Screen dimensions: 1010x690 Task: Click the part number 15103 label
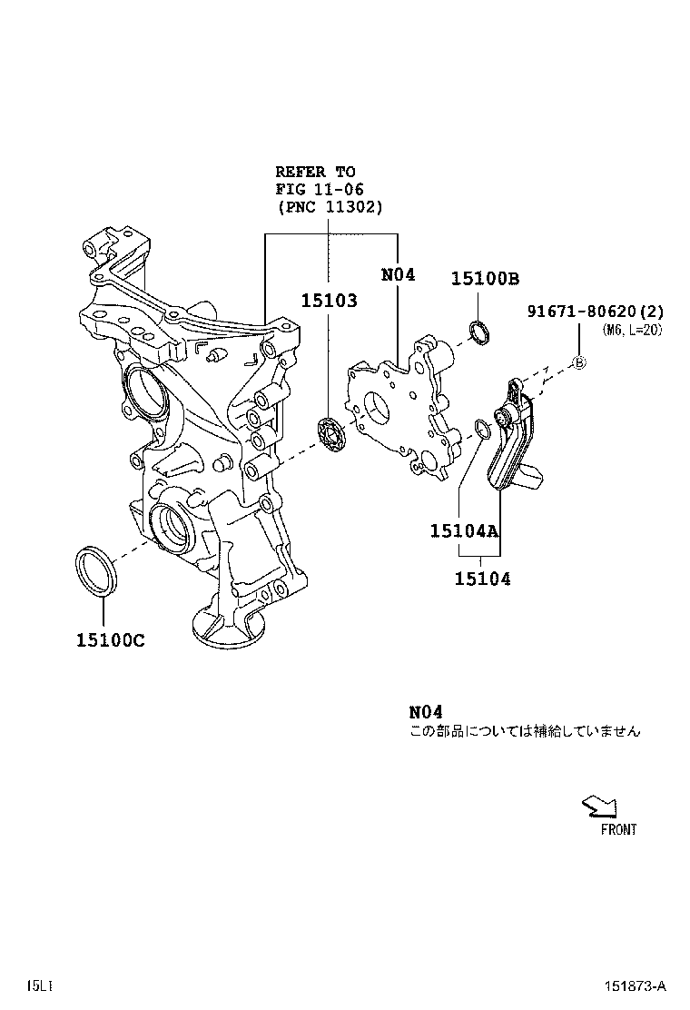330,301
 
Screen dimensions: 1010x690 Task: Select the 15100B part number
485,279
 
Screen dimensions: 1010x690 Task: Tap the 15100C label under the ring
110,640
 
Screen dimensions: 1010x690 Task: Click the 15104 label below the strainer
482,579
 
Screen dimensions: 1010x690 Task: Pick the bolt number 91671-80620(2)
596,312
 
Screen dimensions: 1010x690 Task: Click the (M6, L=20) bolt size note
632,331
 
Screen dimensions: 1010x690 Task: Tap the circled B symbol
579,362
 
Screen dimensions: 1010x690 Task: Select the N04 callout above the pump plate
398,273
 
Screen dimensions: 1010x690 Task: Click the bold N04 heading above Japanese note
425,711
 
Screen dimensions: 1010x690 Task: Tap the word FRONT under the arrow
618,829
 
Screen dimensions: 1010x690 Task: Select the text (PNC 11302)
330,207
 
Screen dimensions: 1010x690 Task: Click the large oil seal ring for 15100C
95,571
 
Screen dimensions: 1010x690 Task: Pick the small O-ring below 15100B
479,332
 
